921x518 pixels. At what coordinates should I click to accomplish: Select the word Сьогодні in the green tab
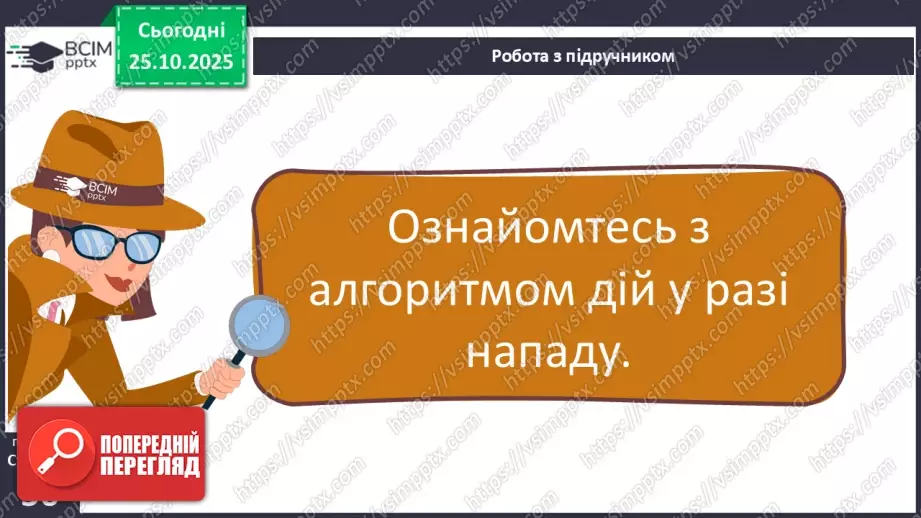point(180,30)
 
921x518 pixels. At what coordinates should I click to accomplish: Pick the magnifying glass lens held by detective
point(259,326)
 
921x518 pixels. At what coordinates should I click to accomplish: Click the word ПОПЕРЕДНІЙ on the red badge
point(149,444)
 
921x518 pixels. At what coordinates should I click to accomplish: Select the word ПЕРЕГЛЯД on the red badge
point(149,466)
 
